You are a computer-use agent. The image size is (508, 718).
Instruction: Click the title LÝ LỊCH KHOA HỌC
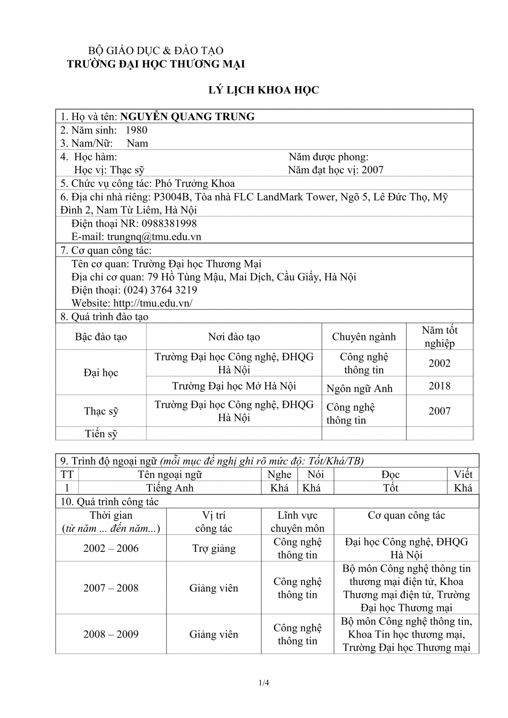[263, 90]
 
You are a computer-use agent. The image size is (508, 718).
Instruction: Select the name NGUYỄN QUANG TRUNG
[187, 117]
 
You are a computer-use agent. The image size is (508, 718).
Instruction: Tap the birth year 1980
[136, 130]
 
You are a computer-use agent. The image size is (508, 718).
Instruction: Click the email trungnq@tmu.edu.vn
[154, 236]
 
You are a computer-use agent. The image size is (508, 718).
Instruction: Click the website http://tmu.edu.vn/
[153, 303]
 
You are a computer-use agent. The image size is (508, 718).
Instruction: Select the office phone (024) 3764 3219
[160, 290]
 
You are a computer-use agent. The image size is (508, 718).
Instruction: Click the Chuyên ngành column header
[364, 337]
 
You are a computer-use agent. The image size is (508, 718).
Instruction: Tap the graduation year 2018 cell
[440, 386]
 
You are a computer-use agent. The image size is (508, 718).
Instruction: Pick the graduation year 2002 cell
[440, 363]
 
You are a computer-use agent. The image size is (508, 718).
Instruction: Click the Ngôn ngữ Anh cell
[359, 389]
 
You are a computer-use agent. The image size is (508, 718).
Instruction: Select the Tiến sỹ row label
[101, 434]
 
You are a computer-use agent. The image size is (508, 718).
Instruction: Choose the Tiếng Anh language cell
[170, 488]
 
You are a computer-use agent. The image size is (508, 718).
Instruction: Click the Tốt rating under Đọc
[391, 488]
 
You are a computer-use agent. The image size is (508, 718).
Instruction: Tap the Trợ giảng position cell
[214, 549]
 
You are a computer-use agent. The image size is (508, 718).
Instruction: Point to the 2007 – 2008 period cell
[111, 588]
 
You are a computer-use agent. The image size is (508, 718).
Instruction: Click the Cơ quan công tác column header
[406, 516]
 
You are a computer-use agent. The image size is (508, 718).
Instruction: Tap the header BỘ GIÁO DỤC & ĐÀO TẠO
[156, 51]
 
